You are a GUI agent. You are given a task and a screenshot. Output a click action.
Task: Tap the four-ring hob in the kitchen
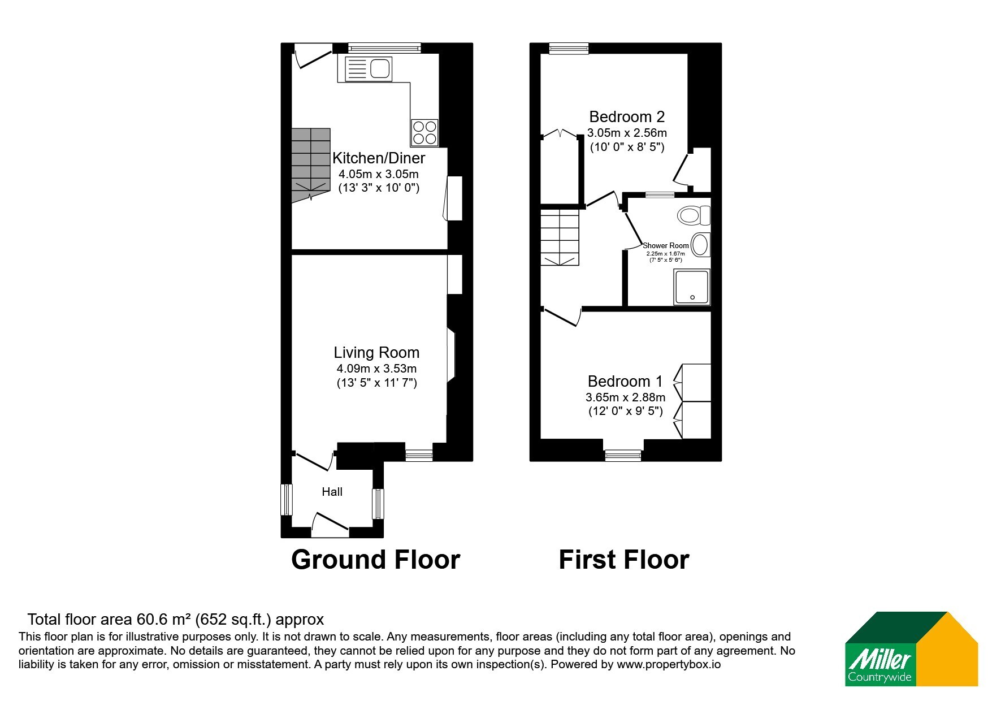point(424,132)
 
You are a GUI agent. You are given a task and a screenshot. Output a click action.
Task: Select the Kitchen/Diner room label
point(379,158)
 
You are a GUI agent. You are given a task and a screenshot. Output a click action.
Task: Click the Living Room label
point(376,352)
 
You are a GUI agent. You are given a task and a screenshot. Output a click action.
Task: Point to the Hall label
point(332,492)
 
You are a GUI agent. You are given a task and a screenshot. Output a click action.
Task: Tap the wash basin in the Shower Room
point(701,245)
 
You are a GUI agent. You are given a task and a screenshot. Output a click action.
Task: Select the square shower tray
point(692,287)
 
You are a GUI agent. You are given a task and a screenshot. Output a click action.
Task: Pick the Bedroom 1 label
point(625,381)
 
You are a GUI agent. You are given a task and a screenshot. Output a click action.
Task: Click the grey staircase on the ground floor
point(311,164)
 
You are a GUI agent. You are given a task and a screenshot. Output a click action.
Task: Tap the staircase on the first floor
point(560,237)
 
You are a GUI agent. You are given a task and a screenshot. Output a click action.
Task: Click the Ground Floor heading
point(376,560)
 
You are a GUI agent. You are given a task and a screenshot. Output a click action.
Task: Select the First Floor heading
point(624,560)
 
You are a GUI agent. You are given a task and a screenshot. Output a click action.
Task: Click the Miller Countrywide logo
point(911,649)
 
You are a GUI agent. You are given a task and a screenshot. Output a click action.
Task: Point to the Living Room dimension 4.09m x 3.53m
point(376,369)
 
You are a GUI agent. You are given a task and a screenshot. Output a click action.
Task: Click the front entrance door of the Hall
point(330,525)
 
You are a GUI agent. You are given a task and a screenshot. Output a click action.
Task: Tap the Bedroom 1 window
point(623,455)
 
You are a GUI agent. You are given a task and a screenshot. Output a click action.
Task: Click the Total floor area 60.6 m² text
point(176,620)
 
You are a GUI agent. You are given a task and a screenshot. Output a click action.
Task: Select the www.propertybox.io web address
point(669,665)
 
